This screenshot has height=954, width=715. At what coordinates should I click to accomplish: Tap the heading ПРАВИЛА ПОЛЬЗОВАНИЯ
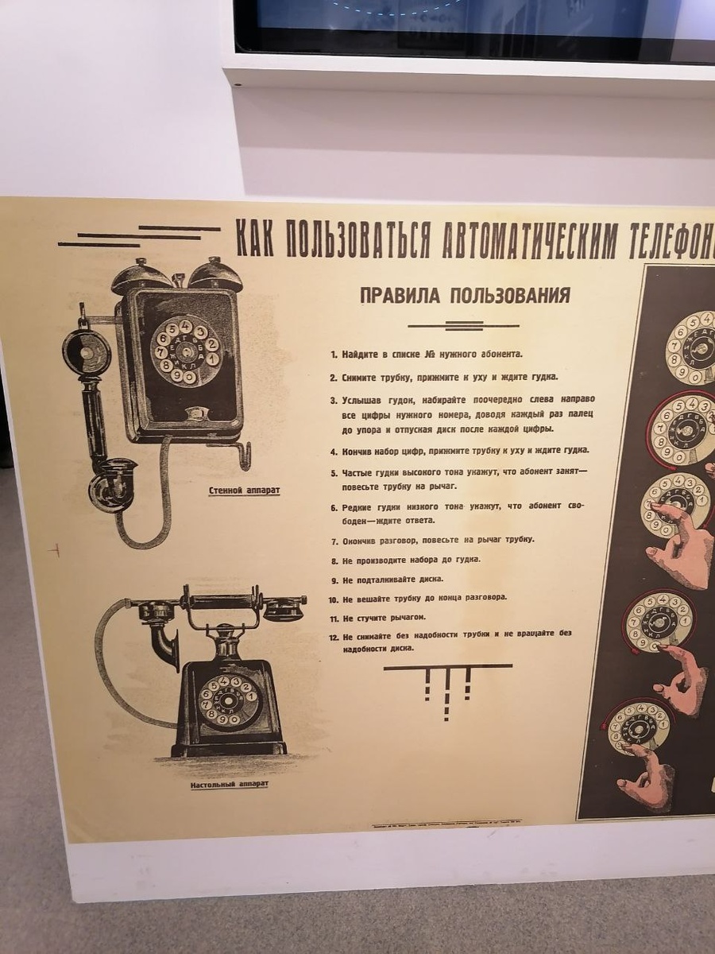coord(465,296)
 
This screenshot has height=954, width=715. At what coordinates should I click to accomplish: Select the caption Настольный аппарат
coord(229,785)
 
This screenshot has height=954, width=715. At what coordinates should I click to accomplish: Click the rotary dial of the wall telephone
coord(184,351)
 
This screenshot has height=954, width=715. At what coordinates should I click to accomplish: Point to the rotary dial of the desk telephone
coord(229,700)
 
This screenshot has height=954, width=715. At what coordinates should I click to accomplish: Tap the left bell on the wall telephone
coord(141,274)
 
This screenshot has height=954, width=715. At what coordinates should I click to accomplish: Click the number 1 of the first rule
coord(334,354)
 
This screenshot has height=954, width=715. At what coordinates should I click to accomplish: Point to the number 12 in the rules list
coord(334,637)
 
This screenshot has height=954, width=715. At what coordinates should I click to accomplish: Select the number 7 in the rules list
coord(334,541)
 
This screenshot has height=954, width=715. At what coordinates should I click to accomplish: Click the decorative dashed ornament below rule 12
coord(447,687)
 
